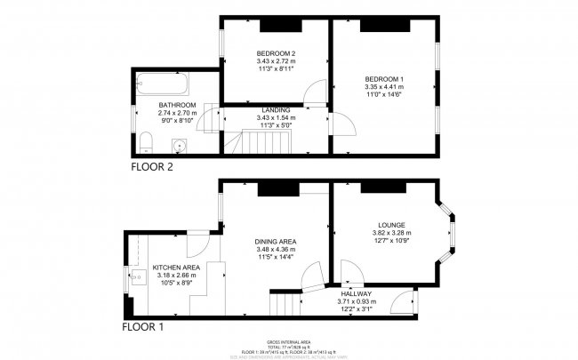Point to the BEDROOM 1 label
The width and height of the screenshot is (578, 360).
(x=384, y=79)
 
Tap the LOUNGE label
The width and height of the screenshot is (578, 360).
(x=390, y=224)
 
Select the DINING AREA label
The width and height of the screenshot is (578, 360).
(x=275, y=242)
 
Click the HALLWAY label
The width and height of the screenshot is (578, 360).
(x=354, y=293)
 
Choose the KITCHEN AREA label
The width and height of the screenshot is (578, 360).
(x=176, y=267)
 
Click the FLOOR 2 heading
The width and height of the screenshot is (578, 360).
(x=153, y=166)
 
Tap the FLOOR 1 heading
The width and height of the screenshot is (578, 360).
(x=143, y=326)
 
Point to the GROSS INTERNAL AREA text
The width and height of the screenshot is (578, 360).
(x=288, y=341)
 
